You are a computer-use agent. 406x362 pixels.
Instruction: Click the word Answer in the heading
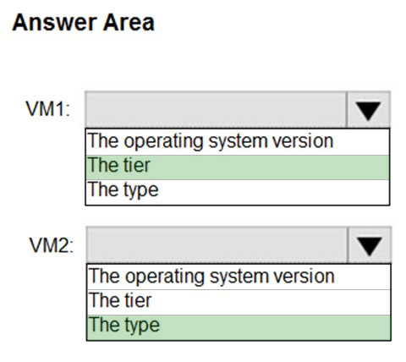pos(54,23)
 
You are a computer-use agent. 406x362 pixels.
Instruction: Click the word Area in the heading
pos(129,23)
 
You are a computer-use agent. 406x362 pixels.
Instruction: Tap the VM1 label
pos(48,108)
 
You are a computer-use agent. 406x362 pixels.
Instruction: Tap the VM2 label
pos(51,245)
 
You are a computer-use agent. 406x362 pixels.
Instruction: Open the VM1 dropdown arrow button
pos(368,109)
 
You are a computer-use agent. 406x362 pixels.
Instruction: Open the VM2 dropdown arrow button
pos(370,245)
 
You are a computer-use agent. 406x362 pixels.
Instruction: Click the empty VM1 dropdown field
pos(216,109)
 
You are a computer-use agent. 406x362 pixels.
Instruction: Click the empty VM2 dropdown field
pos(217,245)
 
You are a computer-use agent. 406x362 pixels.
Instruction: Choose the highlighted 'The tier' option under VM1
pos(238,167)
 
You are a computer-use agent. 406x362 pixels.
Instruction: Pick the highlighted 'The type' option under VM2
pos(239,327)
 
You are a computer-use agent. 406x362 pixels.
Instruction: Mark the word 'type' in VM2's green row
pos(142,326)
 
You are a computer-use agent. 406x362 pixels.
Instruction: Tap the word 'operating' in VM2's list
pos(165,277)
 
